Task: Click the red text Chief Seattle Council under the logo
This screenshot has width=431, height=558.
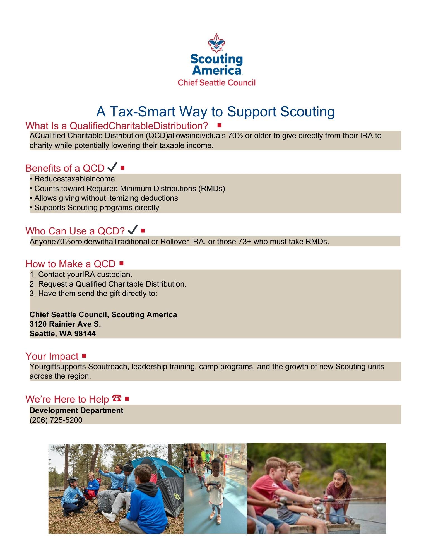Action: [x=216, y=83]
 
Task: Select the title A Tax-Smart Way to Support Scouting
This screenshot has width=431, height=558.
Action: [x=215, y=112]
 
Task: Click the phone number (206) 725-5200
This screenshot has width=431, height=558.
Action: [x=56, y=420]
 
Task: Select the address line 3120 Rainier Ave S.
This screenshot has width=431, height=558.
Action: [x=65, y=324]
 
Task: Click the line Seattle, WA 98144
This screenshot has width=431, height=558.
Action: [x=63, y=333]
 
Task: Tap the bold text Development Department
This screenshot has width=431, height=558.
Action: [x=76, y=410]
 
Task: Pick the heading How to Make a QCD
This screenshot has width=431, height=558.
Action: [x=70, y=264]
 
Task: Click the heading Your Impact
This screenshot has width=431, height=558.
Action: [x=52, y=356]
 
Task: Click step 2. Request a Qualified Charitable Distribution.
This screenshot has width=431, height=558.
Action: [x=108, y=284]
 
